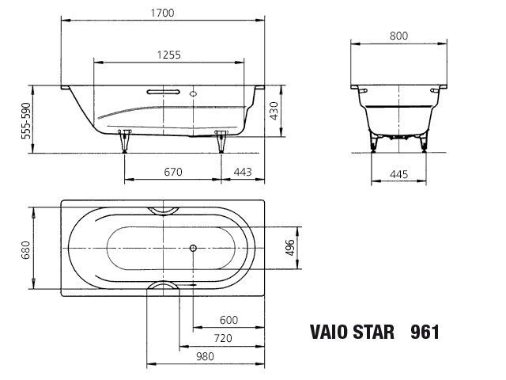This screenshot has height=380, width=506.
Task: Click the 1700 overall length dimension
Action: pyautogui.click(x=162, y=13)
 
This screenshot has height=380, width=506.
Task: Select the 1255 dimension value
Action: pyautogui.click(x=168, y=55)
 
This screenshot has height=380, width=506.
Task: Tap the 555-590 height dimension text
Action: pyautogui.click(x=26, y=120)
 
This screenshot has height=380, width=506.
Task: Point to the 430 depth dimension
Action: pyautogui.click(x=274, y=111)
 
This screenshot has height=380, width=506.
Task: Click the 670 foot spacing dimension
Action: pyautogui.click(x=173, y=172)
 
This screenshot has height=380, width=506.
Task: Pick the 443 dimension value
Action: pyautogui.click(x=243, y=172)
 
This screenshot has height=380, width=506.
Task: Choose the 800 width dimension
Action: pyautogui.click(x=398, y=36)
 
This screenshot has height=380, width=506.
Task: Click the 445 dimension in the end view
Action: pyautogui.click(x=398, y=174)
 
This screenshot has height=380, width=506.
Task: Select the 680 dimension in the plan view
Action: pyautogui.click(x=25, y=250)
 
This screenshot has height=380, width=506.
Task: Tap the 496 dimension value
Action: pyautogui.click(x=290, y=248)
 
